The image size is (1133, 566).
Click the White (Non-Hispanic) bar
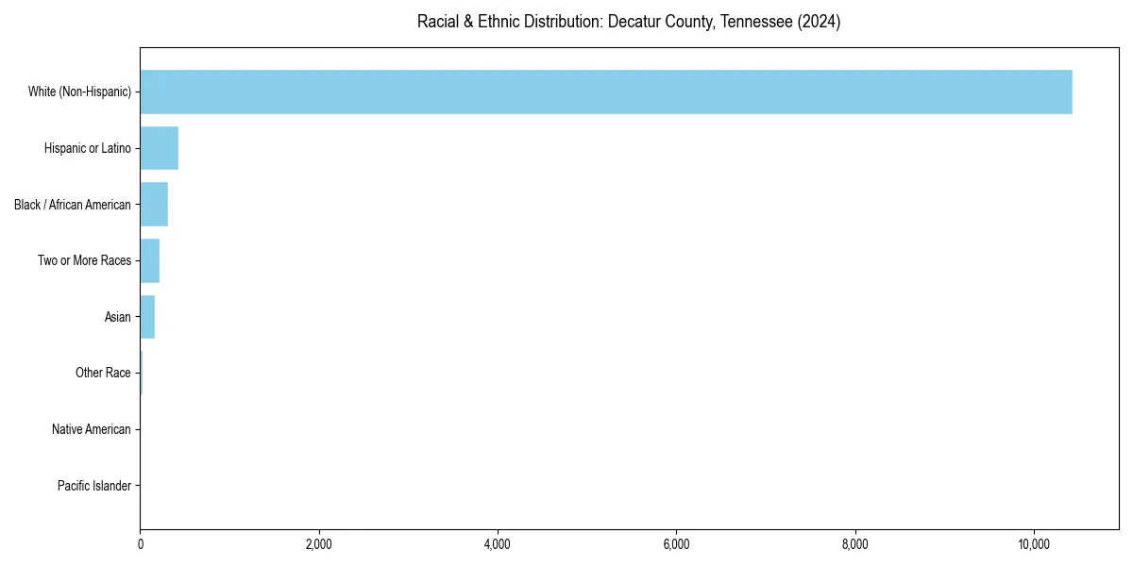pos(605,92)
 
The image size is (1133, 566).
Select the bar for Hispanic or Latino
pos(159,148)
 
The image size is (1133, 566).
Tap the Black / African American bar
pos(154,205)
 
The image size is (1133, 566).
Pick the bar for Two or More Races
pos(149,260)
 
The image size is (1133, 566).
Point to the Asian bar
pos(147,317)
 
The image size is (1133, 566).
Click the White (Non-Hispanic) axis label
pos(79,92)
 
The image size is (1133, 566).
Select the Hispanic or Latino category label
pos(88,148)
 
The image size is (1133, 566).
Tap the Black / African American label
pos(73,205)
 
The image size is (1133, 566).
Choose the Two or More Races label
pos(84,260)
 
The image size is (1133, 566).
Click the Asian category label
pos(118,317)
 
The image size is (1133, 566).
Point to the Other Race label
pos(103,374)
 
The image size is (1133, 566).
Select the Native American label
pos(92,429)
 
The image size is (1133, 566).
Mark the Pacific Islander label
pos(93,486)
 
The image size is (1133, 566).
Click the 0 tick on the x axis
pos(141,544)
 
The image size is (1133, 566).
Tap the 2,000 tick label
pos(319,544)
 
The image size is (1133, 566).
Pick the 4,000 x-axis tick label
pos(498,544)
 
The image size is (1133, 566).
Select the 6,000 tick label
pos(677,544)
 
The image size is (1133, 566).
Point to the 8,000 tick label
pos(855,544)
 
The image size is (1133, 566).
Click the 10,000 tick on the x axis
pos(1034,544)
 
